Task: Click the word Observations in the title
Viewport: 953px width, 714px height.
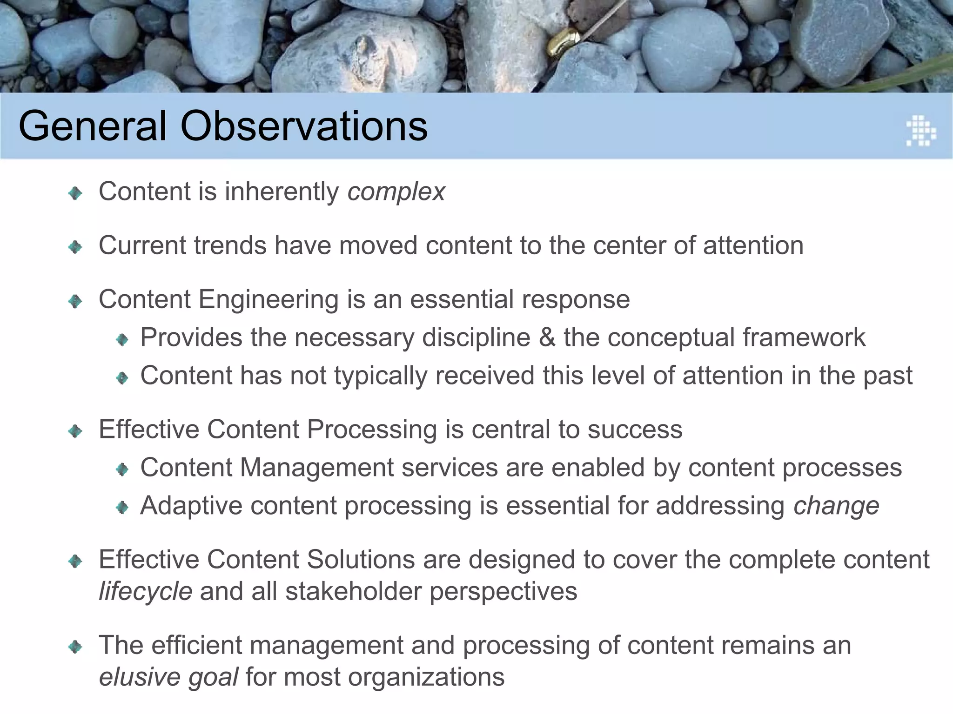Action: tap(304, 126)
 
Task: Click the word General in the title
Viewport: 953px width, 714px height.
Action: tap(93, 126)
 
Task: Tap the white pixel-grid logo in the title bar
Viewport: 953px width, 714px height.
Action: tap(920, 131)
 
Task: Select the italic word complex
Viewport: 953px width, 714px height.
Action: tap(396, 192)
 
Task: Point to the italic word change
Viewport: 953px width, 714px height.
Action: tap(836, 506)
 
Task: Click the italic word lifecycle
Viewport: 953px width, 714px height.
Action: tap(145, 592)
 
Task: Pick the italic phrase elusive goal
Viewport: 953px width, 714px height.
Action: tap(168, 677)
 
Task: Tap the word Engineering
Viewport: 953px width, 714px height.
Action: tap(268, 299)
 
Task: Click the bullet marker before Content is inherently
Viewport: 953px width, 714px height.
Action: tap(75, 193)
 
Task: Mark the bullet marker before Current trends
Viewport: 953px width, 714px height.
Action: tap(75, 247)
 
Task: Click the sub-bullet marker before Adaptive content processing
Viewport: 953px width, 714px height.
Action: tap(122, 507)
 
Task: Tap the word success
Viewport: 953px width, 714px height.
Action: tap(635, 430)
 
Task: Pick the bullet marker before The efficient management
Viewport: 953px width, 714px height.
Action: tap(75, 647)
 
